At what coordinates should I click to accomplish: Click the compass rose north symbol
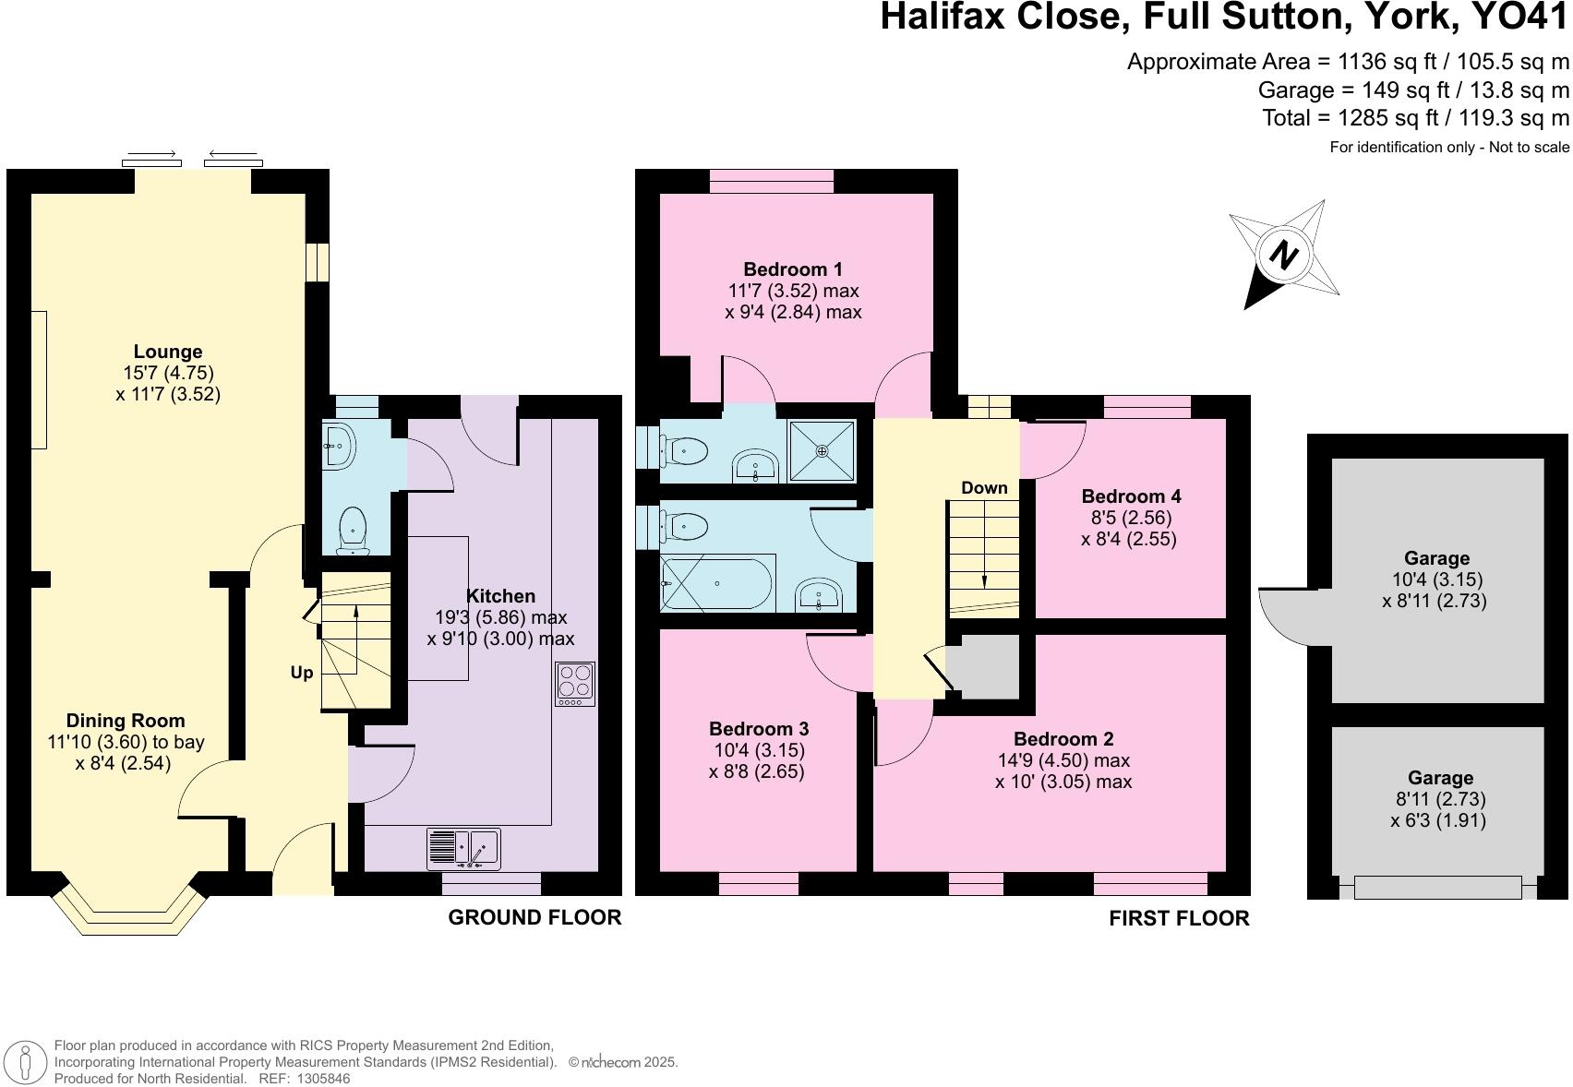pyautogui.click(x=1283, y=255)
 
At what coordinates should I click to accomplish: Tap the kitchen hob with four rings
pyautogui.click(x=574, y=684)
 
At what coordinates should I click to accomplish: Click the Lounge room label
pyautogui.click(x=168, y=352)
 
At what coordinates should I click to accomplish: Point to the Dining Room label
pyautogui.click(x=126, y=721)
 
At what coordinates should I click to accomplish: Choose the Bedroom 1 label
pyautogui.click(x=793, y=269)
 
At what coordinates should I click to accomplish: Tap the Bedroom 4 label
pyautogui.click(x=1131, y=496)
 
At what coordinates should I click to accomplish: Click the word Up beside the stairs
pyautogui.click(x=302, y=674)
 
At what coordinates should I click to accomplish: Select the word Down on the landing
pyautogui.click(x=984, y=488)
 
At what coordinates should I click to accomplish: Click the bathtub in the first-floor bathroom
pyautogui.click(x=717, y=583)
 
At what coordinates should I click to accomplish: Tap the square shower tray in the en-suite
pyautogui.click(x=822, y=451)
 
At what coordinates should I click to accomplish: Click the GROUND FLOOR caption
pyautogui.click(x=534, y=917)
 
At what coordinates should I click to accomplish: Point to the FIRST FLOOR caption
pyautogui.click(x=1179, y=918)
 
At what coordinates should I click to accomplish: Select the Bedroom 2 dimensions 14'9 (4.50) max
pyautogui.click(x=1063, y=760)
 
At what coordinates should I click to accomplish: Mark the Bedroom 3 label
pyautogui.click(x=759, y=729)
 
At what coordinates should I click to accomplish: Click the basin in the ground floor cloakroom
pyautogui.click(x=339, y=448)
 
